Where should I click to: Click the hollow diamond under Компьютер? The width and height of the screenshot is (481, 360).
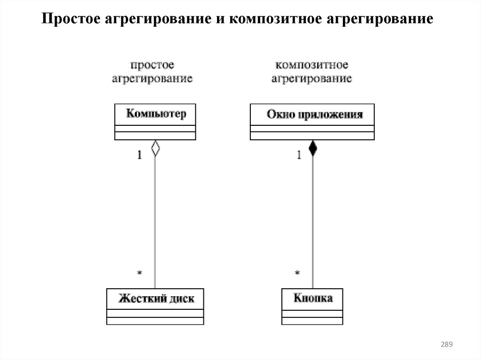[155, 149]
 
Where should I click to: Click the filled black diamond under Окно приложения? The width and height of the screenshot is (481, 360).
[312, 149]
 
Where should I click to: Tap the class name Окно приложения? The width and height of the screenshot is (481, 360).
[314, 115]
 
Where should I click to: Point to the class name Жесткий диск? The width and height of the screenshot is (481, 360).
[156, 299]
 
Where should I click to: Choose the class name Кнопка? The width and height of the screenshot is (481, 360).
[313, 298]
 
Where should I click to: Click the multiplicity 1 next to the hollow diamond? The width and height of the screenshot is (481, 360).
[140, 155]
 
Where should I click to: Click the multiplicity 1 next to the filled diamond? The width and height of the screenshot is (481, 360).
[299, 155]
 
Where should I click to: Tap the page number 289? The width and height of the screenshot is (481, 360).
[446, 345]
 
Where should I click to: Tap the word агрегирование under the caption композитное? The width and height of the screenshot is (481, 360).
[311, 78]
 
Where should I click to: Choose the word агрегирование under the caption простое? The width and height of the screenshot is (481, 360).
[152, 78]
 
